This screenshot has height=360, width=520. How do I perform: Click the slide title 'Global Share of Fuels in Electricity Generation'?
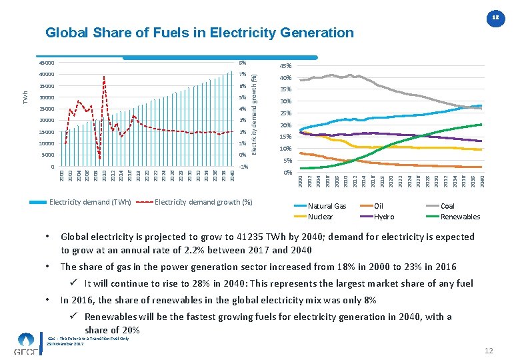pos(199,33)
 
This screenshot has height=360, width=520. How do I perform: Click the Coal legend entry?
pos(447,207)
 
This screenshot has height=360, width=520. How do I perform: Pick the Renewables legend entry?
pos(460,217)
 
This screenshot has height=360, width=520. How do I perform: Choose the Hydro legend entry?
pos(384,217)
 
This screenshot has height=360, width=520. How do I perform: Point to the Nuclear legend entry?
pos(320,217)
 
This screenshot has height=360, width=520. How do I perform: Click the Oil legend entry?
pos(379,207)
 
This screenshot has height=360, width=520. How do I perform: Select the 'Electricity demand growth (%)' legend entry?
pos(203,201)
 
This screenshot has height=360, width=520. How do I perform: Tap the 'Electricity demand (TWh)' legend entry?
pos(90,201)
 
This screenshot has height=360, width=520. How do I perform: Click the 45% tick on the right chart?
pos(285,66)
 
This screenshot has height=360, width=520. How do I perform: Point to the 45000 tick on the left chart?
pos(45,63)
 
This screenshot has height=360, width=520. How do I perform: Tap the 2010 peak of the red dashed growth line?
pos(104,77)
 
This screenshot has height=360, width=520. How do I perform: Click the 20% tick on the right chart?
pos(285,125)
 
